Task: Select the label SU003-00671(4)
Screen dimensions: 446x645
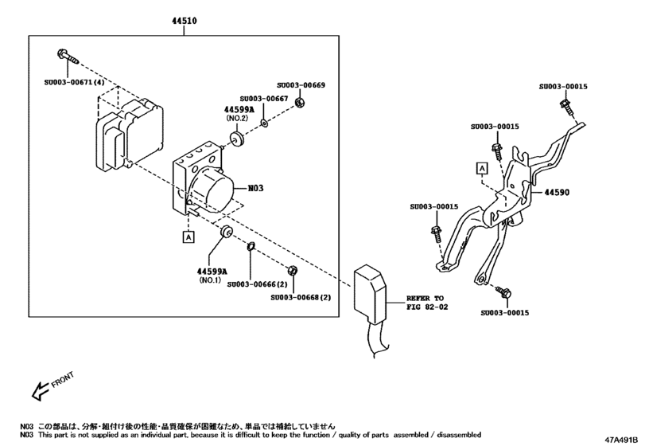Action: (74, 82)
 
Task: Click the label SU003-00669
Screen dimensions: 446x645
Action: (301, 84)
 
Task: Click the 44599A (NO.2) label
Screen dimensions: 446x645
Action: (238, 113)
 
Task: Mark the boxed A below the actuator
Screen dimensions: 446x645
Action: (188, 237)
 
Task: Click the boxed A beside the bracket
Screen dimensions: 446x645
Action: (482, 167)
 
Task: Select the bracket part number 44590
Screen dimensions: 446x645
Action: (557, 193)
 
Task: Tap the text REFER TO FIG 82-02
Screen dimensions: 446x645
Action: (428, 300)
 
